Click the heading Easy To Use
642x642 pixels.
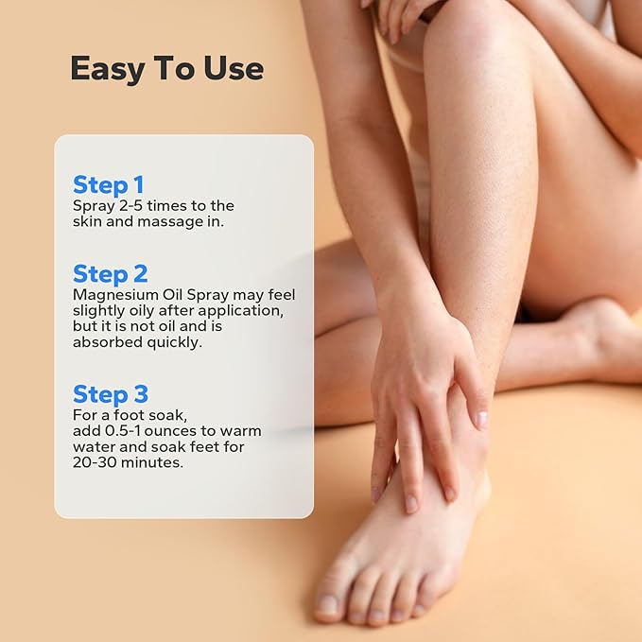click(166, 69)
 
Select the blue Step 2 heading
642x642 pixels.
click(111, 273)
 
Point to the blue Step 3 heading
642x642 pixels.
click(111, 394)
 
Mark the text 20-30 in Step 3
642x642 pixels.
click(94, 463)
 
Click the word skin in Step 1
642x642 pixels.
click(89, 221)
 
